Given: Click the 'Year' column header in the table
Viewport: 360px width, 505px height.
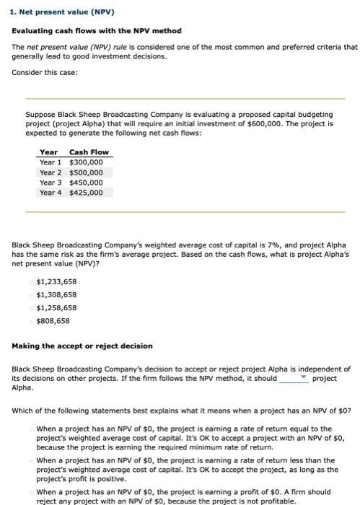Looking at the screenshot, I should [x=48, y=152].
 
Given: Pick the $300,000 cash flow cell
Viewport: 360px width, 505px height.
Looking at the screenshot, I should [x=86, y=162].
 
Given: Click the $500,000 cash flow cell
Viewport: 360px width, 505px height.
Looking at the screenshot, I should [x=86, y=172].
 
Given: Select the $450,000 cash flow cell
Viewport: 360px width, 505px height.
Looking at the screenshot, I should [x=86, y=183].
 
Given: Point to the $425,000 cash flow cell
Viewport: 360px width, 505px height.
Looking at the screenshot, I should [x=86, y=193].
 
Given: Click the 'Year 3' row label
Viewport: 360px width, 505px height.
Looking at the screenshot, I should [x=51, y=183].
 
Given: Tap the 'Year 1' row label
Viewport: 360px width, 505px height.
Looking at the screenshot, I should [x=51, y=162].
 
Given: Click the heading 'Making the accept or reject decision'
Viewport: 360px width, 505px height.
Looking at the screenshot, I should [x=82, y=346].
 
